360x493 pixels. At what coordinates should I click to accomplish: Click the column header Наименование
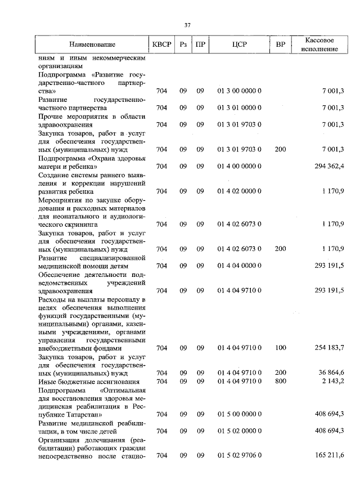click(x=93, y=44)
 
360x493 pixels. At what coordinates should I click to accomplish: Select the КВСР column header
click(x=161, y=44)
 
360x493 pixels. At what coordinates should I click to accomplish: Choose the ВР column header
click(x=280, y=44)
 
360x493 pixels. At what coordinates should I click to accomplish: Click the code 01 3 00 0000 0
click(x=239, y=91)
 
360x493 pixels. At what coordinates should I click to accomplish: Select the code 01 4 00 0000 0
click(x=239, y=166)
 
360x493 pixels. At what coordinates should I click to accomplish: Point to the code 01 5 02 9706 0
click(x=239, y=455)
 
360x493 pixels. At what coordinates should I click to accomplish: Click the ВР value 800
click(x=280, y=382)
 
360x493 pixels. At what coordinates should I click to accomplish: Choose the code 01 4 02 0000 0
click(x=239, y=191)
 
